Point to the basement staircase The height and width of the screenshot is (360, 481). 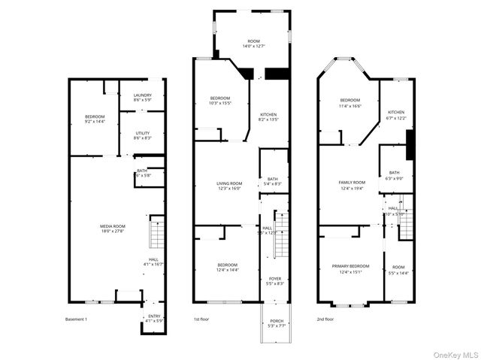tap(157, 232)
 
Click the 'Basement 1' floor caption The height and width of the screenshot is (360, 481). tap(77, 319)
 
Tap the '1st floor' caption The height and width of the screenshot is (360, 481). tap(201, 319)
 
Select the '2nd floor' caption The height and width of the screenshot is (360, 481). tap(325, 319)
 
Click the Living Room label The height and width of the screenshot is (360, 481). tap(229, 186)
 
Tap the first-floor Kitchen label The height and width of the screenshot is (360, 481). tap(268, 116)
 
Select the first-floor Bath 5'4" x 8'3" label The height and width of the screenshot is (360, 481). tap(273, 181)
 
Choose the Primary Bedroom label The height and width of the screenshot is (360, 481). tap(350, 269)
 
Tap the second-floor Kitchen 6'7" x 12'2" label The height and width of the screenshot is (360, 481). tap(395, 115)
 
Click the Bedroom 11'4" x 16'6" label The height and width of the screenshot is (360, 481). tap(350, 103)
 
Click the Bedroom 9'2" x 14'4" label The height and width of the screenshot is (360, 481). tap(95, 118)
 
